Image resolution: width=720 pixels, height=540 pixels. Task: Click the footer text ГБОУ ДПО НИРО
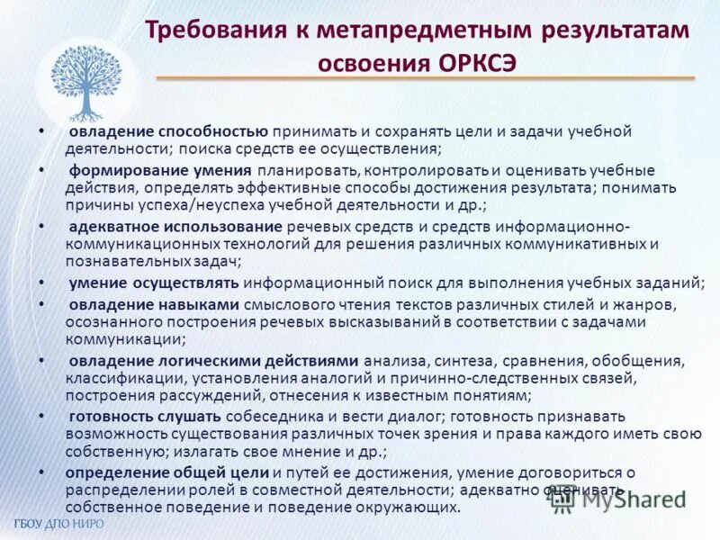(x=59, y=524)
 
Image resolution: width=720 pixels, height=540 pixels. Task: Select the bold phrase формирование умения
(x=159, y=169)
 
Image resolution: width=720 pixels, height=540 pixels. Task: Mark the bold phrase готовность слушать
(x=145, y=416)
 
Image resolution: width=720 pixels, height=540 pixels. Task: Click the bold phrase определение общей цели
(x=166, y=472)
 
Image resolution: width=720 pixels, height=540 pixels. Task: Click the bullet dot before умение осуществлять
(x=42, y=283)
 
